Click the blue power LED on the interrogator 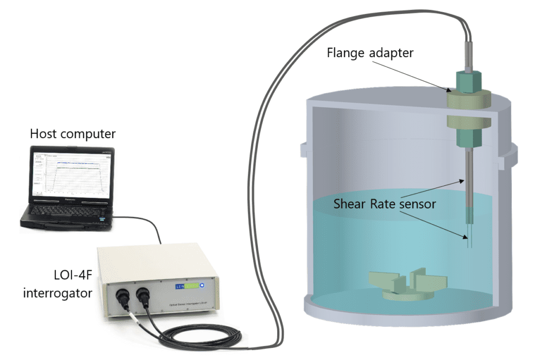[202, 285]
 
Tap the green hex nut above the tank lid [470, 82]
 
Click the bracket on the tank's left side [302, 148]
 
